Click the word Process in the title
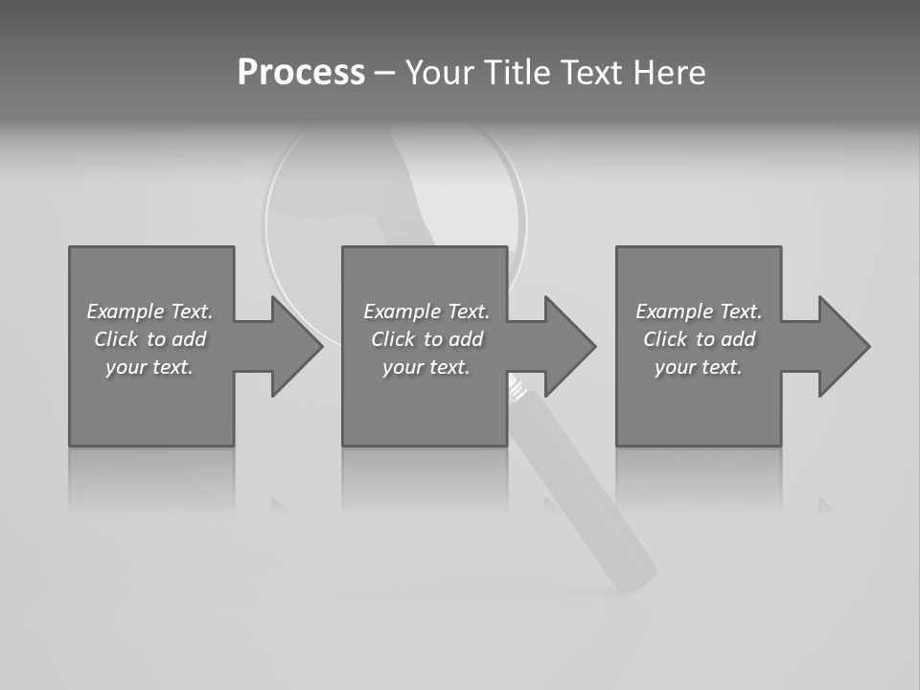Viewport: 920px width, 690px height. pyautogui.click(x=301, y=73)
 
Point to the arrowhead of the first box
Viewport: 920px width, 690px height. pyautogui.click(x=297, y=346)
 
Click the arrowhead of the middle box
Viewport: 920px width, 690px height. pyautogui.click(x=570, y=346)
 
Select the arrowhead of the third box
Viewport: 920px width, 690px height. pyautogui.click(x=844, y=346)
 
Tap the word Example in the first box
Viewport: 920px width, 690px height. pyautogui.click(x=126, y=311)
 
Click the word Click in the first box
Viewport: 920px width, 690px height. pyautogui.click(x=116, y=339)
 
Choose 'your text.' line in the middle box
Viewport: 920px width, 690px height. pyautogui.click(x=425, y=367)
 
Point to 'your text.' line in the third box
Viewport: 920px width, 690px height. pyautogui.click(x=698, y=367)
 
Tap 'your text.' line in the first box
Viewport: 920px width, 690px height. pyautogui.click(x=149, y=367)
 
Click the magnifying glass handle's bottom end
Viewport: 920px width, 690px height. pyautogui.click(x=634, y=575)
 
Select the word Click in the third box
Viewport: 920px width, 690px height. pyautogui.click(x=665, y=339)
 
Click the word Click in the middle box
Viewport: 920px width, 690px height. pyautogui.click(x=393, y=339)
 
